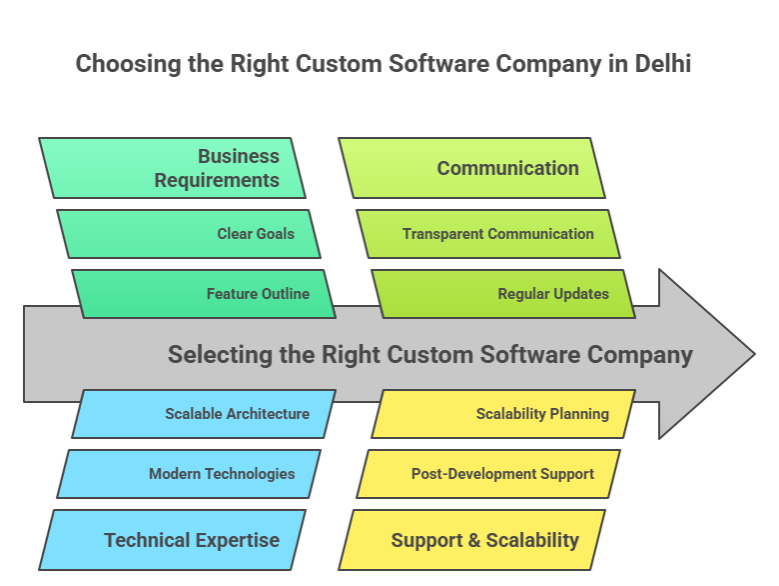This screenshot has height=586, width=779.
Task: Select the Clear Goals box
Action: (189, 234)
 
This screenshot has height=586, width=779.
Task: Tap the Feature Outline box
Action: (204, 294)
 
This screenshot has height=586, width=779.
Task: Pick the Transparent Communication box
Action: (488, 234)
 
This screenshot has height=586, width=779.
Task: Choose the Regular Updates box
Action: (503, 294)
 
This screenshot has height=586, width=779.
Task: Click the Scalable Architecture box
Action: (204, 414)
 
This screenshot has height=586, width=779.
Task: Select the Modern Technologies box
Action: (189, 474)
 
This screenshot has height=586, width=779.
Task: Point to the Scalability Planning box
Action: (503, 414)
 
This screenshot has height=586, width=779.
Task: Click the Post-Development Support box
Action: (488, 474)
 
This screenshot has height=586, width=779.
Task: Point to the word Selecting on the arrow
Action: (212, 355)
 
